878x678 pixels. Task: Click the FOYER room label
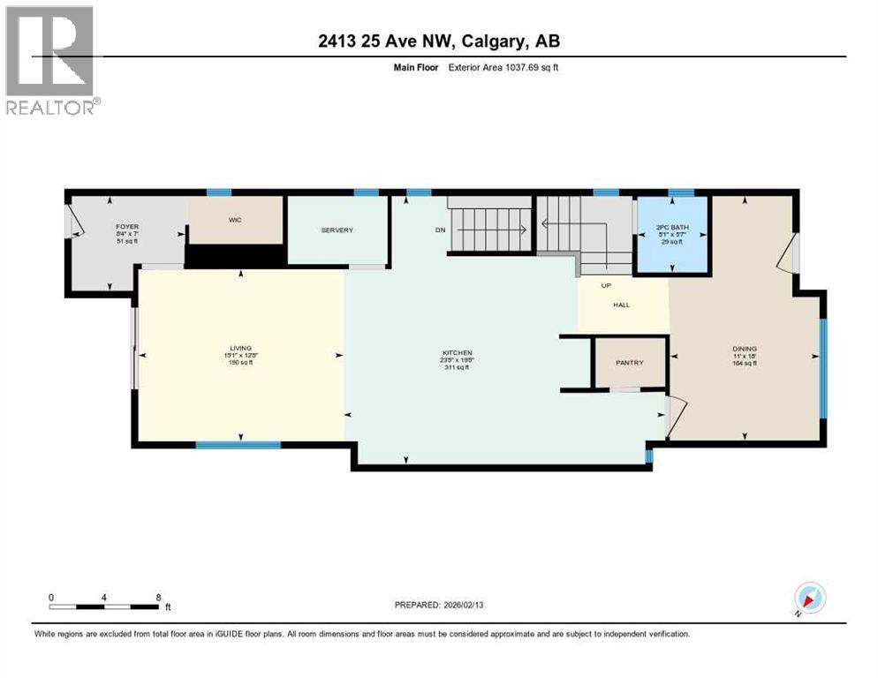click(x=127, y=227)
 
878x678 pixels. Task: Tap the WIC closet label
click(x=235, y=219)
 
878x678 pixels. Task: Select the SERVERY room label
click(x=337, y=230)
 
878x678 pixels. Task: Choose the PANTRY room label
click(x=630, y=363)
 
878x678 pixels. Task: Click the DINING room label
click(x=745, y=349)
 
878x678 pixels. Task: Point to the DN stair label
click(x=440, y=231)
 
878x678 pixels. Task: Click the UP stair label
click(x=606, y=285)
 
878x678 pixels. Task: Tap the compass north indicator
click(x=809, y=599)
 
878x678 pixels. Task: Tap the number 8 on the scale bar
click(x=158, y=597)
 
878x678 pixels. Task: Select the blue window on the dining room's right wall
click(x=822, y=367)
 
